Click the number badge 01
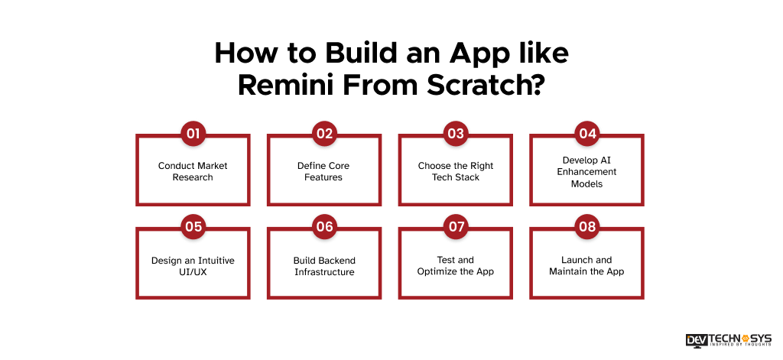tap(193, 134)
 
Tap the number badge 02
tap(324, 134)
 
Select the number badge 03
tap(456, 134)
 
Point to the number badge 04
tap(587, 134)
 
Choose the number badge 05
tap(193, 226)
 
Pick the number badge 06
tap(324, 226)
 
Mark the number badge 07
tap(456, 226)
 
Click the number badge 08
tap(587, 226)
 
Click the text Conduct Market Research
tap(193, 171)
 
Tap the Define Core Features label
tap(324, 171)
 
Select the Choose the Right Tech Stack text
tap(456, 171)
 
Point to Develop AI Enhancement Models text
tap(587, 172)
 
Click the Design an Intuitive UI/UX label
tap(193, 265)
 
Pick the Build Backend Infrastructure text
tap(324, 265)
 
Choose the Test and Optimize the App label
tap(456, 265)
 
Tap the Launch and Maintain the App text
tap(587, 265)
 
